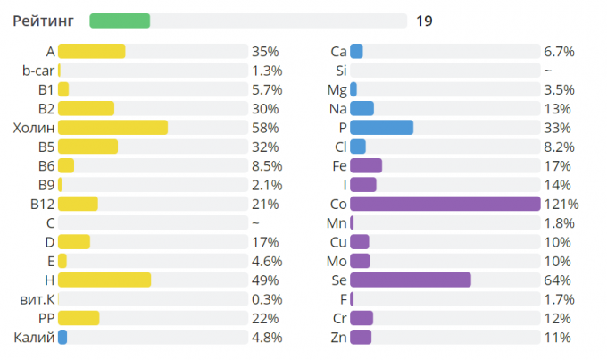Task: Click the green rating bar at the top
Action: click(120, 21)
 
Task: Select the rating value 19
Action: click(424, 21)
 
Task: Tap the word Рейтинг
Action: click(43, 21)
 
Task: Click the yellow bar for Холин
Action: click(112, 128)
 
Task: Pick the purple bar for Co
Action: click(445, 204)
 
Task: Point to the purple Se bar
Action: click(410, 280)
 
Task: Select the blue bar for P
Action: click(381, 128)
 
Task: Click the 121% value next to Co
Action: click(561, 204)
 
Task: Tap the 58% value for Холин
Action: click(265, 128)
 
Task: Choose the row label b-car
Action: click(39, 71)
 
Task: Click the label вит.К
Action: click(37, 298)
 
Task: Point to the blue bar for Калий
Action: click(62, 337)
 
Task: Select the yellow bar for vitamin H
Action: click(104, 280)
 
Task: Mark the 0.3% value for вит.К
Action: click(267, 298)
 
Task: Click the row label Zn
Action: click(338, 337)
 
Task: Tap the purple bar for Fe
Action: click(366, 165)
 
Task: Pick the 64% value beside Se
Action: click(557, 280)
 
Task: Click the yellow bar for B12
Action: click(78, 204)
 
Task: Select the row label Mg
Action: click(337, 89)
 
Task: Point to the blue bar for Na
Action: click(362, 109)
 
